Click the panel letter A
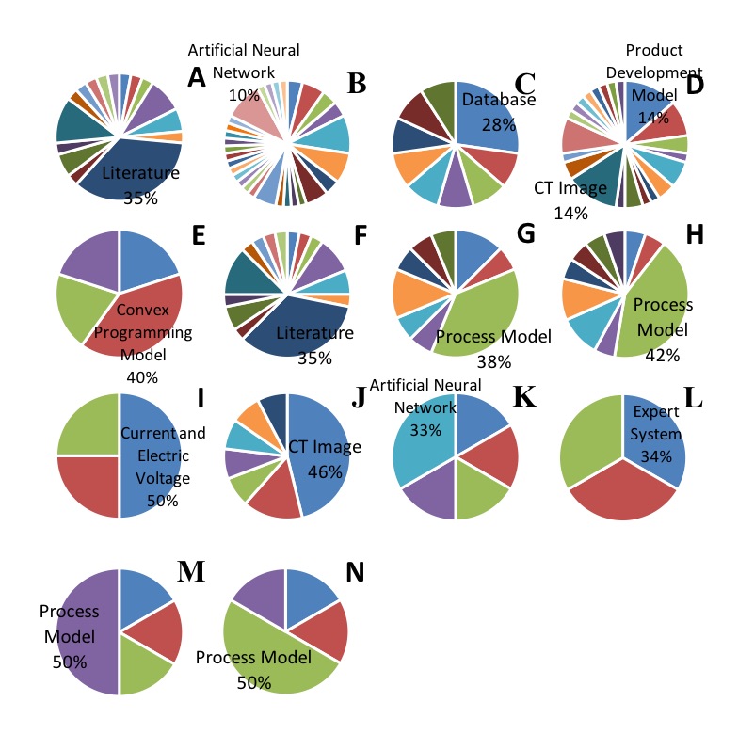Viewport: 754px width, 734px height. pos(197,76)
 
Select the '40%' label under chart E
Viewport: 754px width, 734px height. pos(141,376)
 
